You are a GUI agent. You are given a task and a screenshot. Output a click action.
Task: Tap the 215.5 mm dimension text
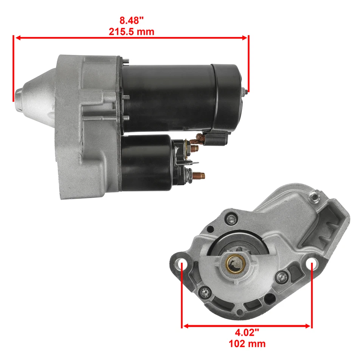(132, 32)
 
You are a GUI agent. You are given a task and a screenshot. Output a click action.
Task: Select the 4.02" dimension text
(247, 333)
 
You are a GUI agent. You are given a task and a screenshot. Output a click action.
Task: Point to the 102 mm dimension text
(247, 343)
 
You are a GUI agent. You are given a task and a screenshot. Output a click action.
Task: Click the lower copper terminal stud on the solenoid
(199, 175)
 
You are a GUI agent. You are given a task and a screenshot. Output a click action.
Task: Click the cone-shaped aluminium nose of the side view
(34, 93)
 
